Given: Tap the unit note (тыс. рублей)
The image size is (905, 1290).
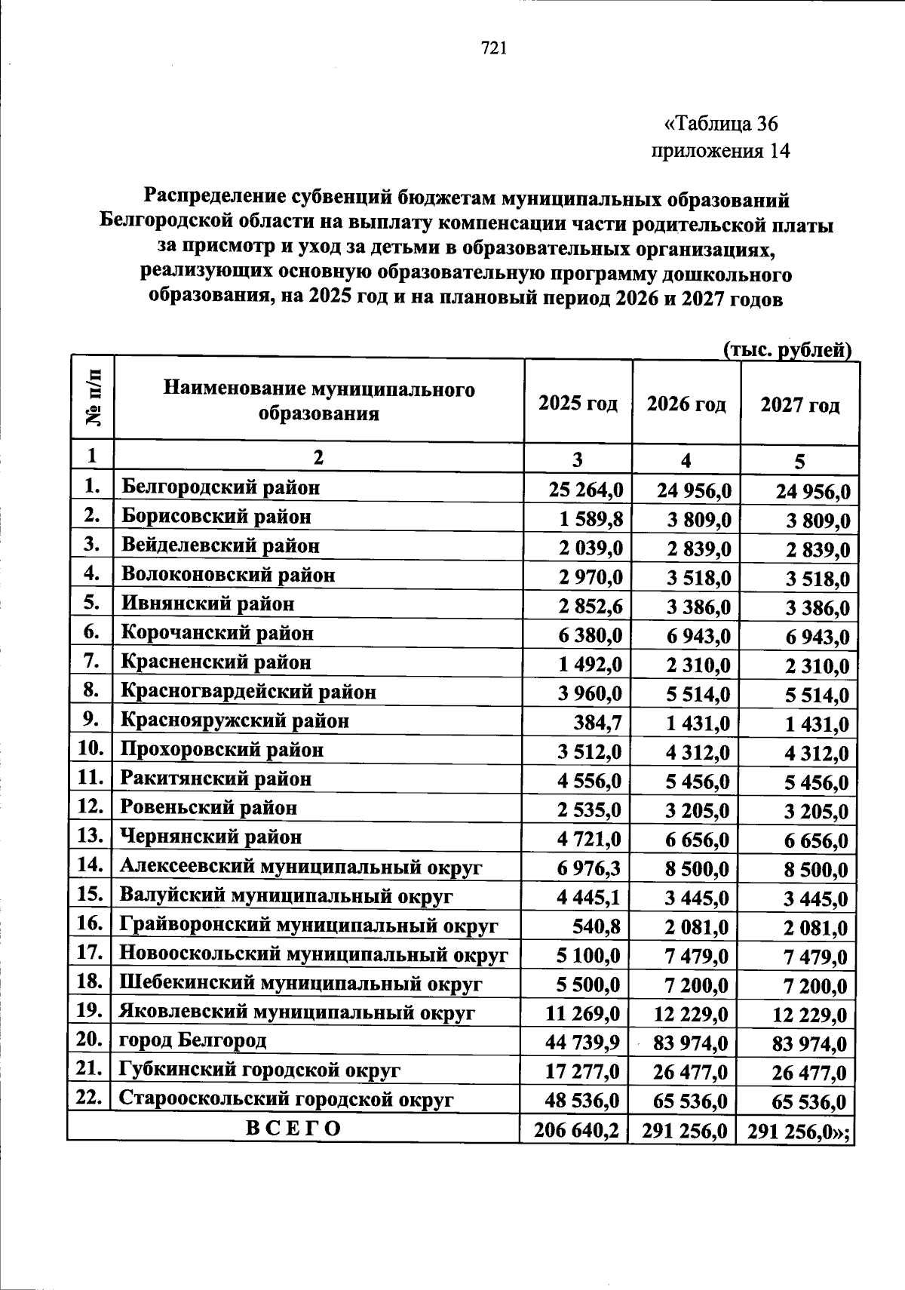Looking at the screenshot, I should (x=787, y=350).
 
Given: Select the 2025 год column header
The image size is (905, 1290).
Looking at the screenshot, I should (x=578, y=404).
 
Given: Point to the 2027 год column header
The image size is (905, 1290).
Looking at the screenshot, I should (x=799, y=406).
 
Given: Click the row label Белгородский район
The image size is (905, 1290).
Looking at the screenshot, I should (x=221, y=487).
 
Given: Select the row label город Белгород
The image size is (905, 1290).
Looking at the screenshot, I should (x=193, y=1040).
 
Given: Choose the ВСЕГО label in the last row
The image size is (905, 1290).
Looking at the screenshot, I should (x=293, y=1128).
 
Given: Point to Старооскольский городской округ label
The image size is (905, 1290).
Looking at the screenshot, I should (x=287, y=1099).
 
